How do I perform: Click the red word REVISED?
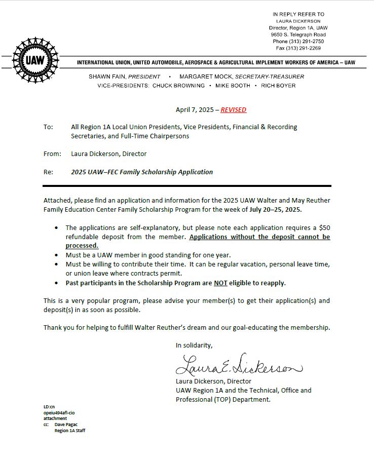(x=233, y=109)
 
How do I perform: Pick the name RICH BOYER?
(x=278, y=86)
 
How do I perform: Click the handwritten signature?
(x=238, y=365)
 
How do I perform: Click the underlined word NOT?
(x=220, y=283)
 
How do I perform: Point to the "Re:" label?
(x=48, y=172)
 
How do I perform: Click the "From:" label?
(x=52, y=153)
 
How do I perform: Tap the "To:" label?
(x=48, y=127)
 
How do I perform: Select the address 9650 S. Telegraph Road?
(x=298, y=34)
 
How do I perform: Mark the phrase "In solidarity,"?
(x=194, y=345)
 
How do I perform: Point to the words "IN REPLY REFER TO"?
(x=298, y=14)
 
